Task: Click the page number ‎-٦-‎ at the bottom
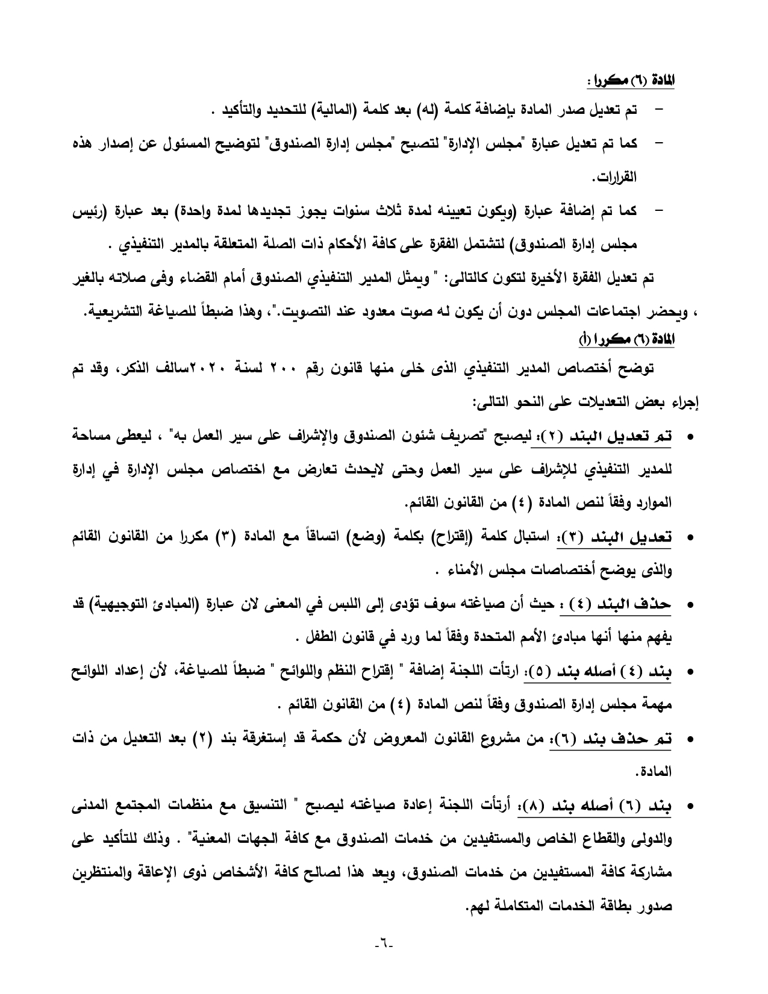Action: [x=383, y=958]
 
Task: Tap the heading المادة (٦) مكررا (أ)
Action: [x=626, y=341]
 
